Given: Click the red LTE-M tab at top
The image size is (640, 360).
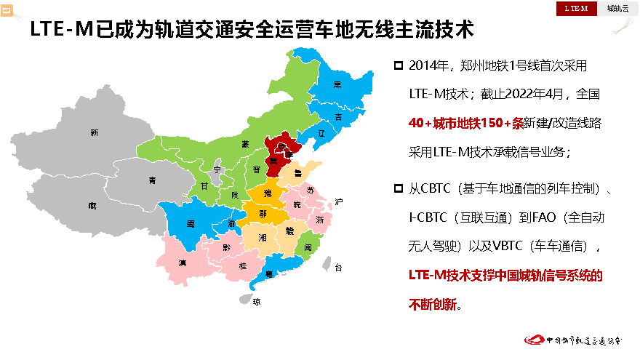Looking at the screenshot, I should coord(576,9).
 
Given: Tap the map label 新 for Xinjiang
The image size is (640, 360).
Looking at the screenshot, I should coord(94,132).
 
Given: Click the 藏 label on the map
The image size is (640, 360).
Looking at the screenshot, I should coord(92,205).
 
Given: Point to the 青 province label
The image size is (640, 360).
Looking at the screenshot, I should coord(152,180).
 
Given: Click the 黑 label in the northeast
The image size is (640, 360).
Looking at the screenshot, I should coord(337,84).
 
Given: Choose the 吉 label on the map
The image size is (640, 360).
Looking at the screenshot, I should coord(338,117).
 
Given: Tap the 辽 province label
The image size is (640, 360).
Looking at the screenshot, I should coord(321,134).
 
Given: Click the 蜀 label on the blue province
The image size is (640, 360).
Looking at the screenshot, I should coord(191,223).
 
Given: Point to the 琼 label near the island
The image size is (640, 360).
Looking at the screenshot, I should coord(255,300).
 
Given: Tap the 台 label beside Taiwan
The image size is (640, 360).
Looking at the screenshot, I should coord(338,268).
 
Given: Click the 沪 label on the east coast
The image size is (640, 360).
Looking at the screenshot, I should coord(338,201).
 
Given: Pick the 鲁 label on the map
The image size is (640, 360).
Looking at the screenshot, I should coord(298,175).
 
